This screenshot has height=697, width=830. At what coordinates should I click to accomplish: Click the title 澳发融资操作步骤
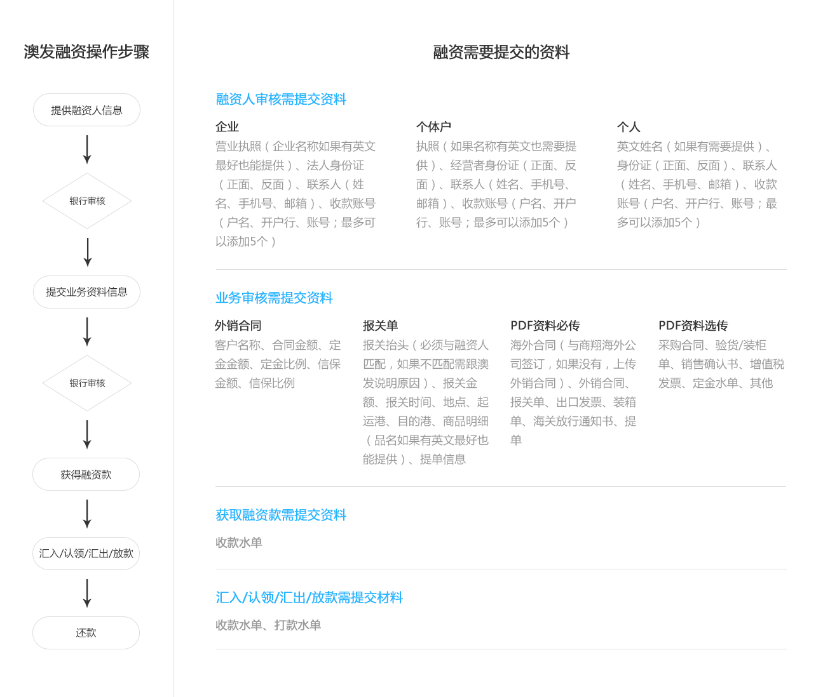point(86,51)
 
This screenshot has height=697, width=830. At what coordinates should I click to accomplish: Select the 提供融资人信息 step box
point(86,110)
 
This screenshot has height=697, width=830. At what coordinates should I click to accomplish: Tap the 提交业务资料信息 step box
point(86,292)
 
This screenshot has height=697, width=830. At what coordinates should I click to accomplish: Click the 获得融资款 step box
point(86,474)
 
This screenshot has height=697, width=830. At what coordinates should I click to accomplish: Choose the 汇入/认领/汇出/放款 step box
point(86,554)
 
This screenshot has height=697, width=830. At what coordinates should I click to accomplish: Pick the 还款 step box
point(86,633)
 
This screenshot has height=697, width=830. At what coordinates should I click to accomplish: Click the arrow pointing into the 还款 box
point(87,593)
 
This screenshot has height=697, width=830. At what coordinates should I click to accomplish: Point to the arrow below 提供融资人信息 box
point(87,149)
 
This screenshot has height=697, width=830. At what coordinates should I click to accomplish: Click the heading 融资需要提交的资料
point(501,52)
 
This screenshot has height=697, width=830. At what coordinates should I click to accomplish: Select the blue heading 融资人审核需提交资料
point(281,99)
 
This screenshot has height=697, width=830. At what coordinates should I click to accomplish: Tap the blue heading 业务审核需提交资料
point(274,298)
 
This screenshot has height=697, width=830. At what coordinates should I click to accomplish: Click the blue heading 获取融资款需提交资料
point(281,515)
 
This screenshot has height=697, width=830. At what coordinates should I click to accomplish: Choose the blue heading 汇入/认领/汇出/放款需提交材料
point(310,597)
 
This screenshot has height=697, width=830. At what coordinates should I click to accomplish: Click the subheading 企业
point(227,127)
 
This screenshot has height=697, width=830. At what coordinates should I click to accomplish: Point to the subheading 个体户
point(433,127)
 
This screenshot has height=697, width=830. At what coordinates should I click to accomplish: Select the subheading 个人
point(629,127)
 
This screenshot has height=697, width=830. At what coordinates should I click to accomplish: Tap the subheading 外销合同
point(238,326)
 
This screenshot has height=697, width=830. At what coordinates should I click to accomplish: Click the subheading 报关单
point(380,326)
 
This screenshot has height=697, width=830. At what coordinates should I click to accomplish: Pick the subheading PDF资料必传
point(545,326)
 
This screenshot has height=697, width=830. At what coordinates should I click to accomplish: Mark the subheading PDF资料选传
point(693,326)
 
